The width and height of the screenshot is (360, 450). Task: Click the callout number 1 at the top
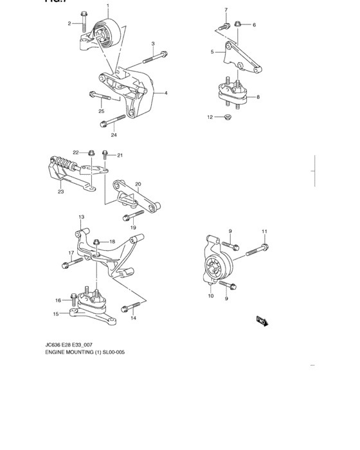click(x=108, y=6)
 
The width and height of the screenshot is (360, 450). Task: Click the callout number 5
click(x=212, y=52)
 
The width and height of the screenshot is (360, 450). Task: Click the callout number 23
click(x=60, y=191)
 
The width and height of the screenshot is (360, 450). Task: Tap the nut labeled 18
click(x=96, y=242)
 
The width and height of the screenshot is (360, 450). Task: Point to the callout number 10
click(x=210, y=296)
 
